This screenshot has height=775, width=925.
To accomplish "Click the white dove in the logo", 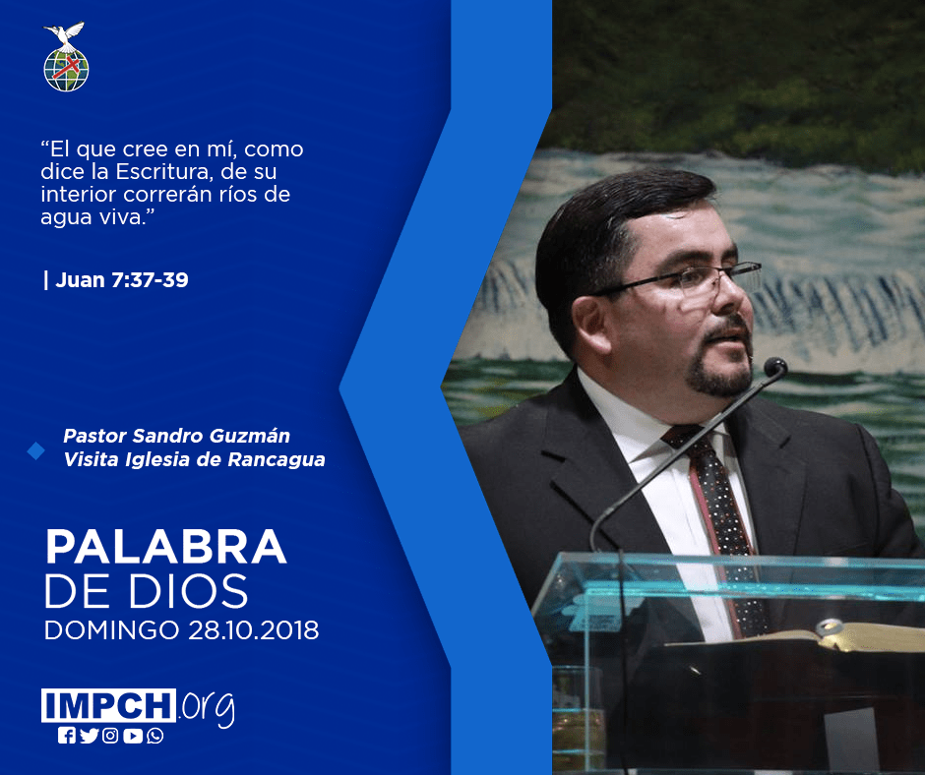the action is point(64,34).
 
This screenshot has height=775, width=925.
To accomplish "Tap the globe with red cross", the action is point(66,69).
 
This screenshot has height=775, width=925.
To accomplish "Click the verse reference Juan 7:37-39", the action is point(121,279).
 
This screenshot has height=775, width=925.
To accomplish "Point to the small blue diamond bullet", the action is point(36,451).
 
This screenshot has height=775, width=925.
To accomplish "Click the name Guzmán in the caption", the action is point(250,436).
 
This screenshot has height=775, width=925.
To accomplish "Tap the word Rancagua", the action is point(277,460).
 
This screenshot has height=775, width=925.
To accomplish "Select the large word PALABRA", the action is point(165,547).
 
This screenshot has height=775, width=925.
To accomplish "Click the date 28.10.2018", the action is point(254,629).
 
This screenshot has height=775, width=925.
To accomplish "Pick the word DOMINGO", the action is point(112,629).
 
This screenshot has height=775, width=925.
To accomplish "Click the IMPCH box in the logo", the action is point(108,705).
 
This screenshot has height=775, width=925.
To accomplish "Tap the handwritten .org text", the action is point(207,708).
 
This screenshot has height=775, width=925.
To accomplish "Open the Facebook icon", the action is point(67,736).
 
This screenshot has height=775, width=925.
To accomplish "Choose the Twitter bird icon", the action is point(89,736).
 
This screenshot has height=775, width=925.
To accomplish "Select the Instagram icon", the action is point(110,736).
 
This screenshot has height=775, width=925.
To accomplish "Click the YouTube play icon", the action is point(133,736).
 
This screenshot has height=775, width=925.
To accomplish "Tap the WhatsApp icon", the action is point(155,736).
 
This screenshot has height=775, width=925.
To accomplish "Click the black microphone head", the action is point(775,368).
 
